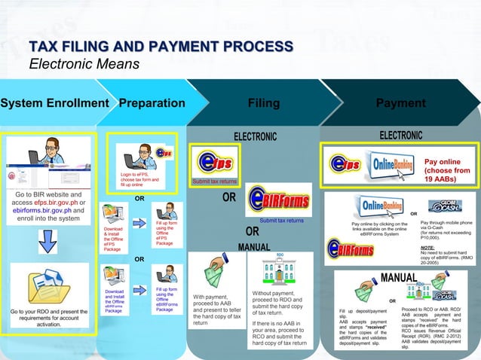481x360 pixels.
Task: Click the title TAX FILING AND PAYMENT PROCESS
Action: [160, 47]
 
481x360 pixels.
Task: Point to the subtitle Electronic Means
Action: [84, 64]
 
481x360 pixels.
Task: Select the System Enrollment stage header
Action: [54, 103]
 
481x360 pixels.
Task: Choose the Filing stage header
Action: [263, 103]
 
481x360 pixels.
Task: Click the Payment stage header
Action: [400, 103]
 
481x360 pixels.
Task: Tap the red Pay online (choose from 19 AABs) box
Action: [447, 171]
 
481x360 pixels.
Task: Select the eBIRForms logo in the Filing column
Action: [279, 200]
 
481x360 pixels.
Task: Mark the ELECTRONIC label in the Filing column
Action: [255, 136]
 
